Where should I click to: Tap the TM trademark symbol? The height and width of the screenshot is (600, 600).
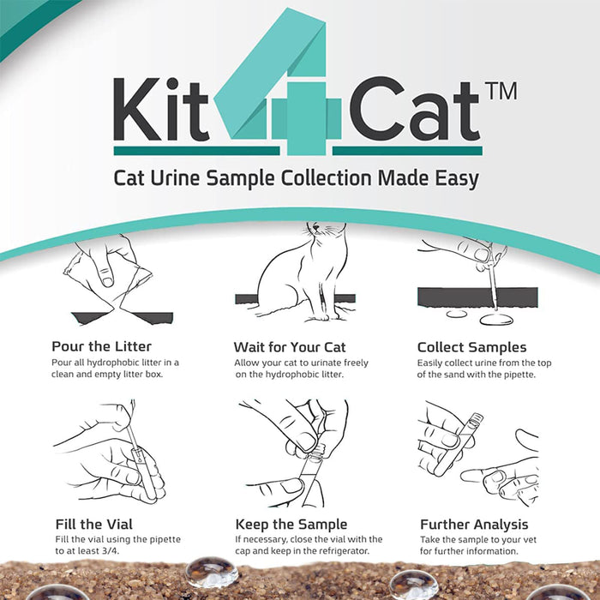tap(501, 91)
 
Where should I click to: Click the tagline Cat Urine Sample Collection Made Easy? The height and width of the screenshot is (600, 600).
tap(296, 178)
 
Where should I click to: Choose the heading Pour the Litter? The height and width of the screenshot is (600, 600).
tap(101, 347)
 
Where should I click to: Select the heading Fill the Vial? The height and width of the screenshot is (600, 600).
tap(92, 524)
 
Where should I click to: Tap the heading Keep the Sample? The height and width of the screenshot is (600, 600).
tap(291, 524)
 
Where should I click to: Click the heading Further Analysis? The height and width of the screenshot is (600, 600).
tap(474, 524)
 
